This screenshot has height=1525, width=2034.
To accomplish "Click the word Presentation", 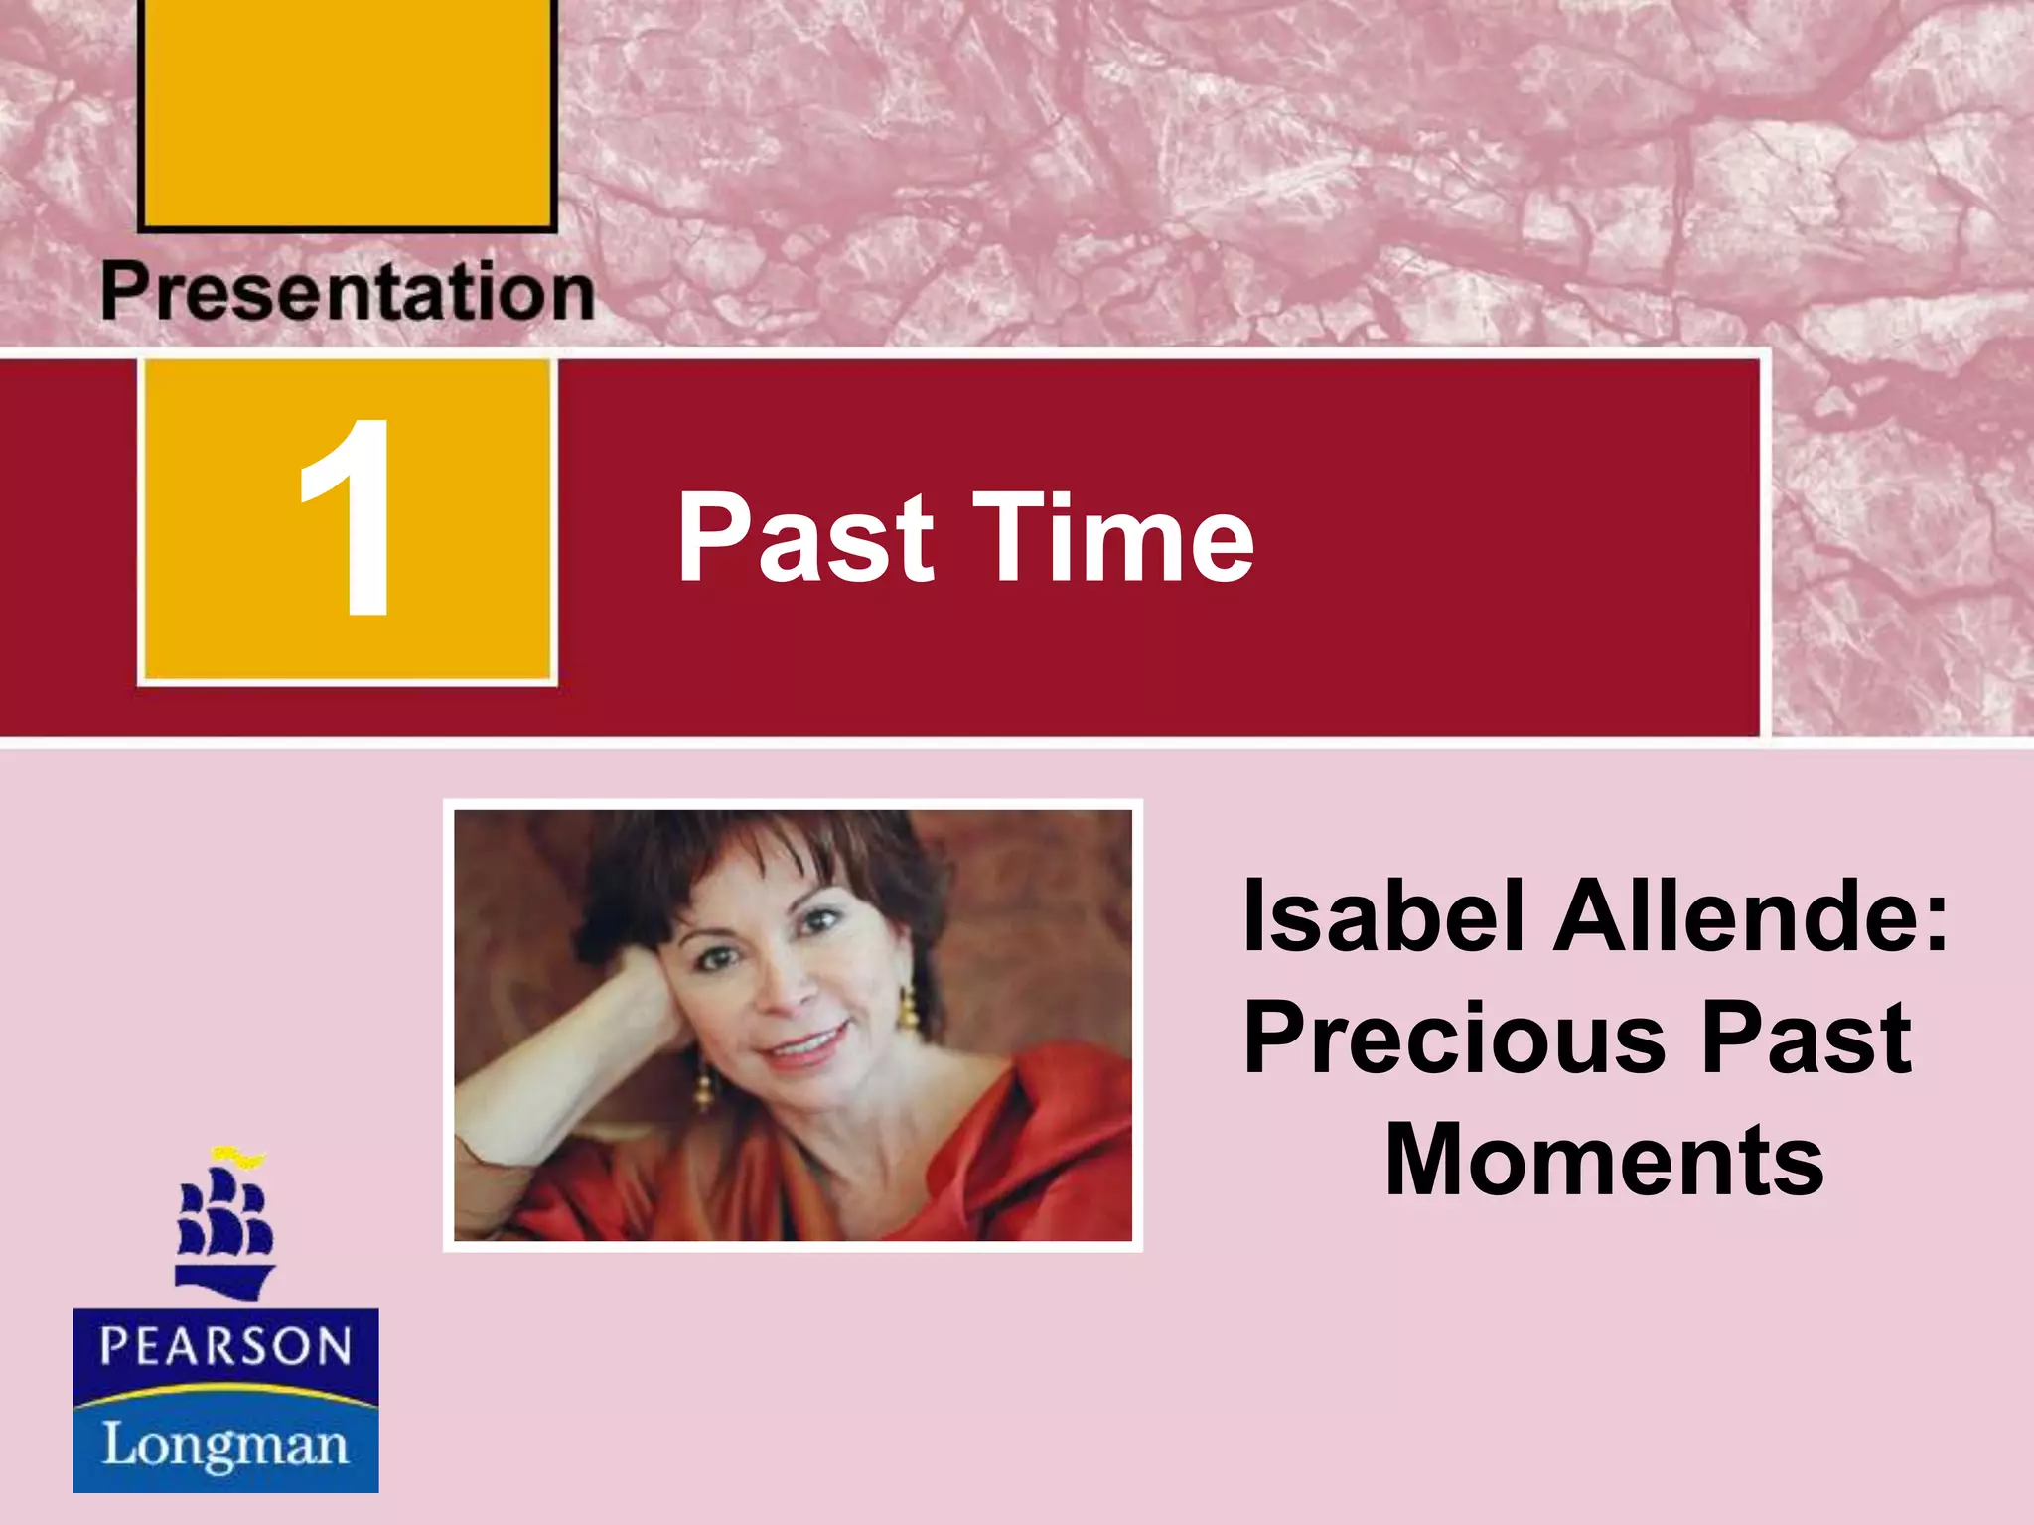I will tap(348, 292).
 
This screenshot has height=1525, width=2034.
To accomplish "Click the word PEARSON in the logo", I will tap(225, 1347).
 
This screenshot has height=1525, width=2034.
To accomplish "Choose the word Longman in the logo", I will tap(225, 1445).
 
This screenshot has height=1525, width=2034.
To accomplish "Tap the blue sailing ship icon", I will tap(224, 1231).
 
